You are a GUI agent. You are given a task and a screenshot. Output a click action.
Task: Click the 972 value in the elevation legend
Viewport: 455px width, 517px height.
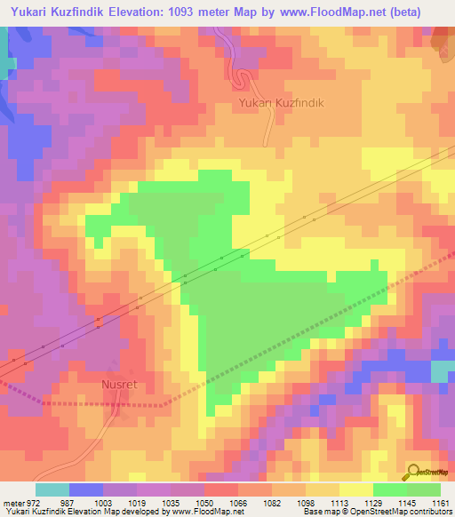coord(33,502)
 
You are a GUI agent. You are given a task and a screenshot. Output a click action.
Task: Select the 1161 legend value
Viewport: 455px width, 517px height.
coord(441,502)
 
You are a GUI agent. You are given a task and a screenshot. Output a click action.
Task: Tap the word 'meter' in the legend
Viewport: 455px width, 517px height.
coord(12,502)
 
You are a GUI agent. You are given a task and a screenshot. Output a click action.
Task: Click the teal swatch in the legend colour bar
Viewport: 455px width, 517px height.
coord(52,489)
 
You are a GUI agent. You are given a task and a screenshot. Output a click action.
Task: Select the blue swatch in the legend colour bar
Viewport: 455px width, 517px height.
coord(85,489)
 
